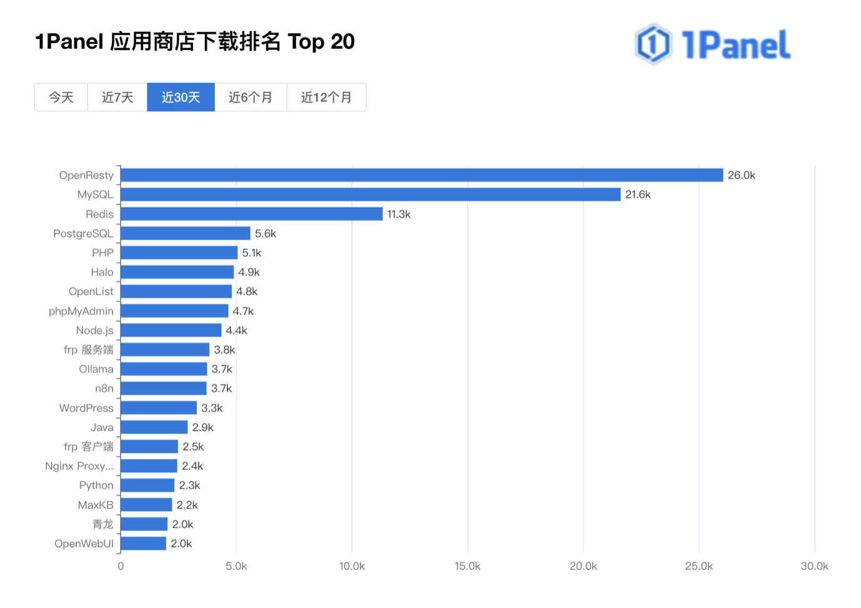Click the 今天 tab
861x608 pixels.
tap(61, 97)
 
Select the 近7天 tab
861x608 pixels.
tap(117, 97)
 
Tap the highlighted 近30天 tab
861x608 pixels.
tap(181, 97)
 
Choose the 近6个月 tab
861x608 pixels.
tap(251, 97)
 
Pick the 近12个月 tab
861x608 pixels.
tap(326, 97)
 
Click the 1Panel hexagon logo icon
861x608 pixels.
tap(653, 44)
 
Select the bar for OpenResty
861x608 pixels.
tap(422, 175)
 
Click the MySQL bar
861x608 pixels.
tap(371, 195)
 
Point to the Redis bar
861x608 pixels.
tap(251, 214)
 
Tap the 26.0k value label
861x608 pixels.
tap(741, 175)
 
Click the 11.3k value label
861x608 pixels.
tap(399, 214)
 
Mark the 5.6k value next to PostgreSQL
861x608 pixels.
tap(265, 233)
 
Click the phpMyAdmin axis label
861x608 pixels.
tap(81, 311)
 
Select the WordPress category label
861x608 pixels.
tap(86, 408)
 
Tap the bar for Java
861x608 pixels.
tap(154, 427)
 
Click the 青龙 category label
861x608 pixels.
tap(103, 524)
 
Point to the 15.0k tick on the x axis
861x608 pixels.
tap(467, 566)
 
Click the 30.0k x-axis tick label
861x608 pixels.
tap(814, 566)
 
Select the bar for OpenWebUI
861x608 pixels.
tap(143, 544)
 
